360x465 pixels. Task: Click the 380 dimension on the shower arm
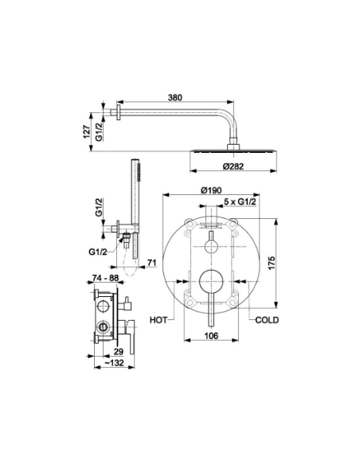[x=174, y=98]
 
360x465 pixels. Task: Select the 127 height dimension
[x=86, y=131]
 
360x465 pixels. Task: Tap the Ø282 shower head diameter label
[x=233, y=166]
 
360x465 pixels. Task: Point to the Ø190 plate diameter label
[x=211, y=190]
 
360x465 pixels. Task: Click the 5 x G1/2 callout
[x=240, y=202]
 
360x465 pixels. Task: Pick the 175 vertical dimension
[x=271, y=264]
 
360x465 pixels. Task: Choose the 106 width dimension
[x=211, y=335]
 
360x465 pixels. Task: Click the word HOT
[x=158, y=320]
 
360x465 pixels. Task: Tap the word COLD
[x=267, y=320]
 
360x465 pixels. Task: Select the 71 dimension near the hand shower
[x=151, y=263]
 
